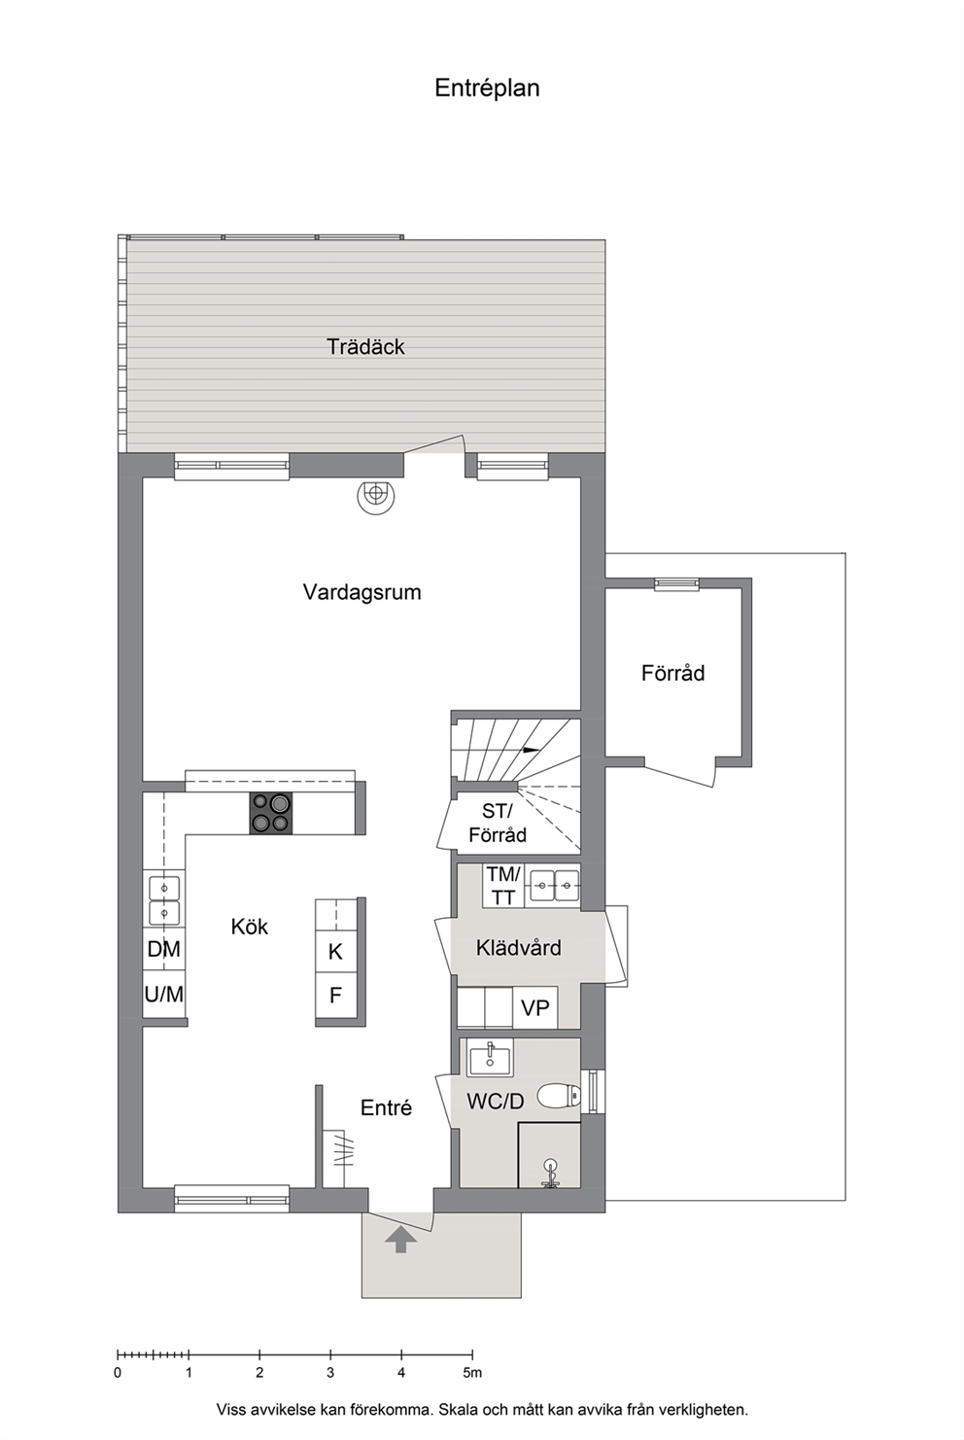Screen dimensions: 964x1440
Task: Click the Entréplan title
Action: tap(487, 88)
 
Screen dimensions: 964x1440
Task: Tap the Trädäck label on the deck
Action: tap(365, 346)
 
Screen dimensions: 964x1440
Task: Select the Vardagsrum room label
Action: tap(361, 591)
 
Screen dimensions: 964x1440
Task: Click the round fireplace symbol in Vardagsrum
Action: tap(375, 497)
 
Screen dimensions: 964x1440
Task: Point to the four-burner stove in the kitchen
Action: tap(270, 813)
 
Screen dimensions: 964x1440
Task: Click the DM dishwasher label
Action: tap(163, 949)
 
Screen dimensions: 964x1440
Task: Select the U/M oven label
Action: tap(164, 995)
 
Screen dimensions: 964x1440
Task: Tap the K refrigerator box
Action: tap(335, 951)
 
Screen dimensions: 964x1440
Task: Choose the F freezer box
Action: tap(335, 995)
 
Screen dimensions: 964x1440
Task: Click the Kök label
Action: tap(250, 927)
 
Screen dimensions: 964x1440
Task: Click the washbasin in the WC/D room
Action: tap(490, 1058)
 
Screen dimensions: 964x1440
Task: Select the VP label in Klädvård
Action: tap(535, 1008)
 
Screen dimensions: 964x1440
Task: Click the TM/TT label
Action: tap(503, 886)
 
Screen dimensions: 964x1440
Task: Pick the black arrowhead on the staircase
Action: tap(532, 750)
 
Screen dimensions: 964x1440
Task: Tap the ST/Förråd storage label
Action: tap(499, 824)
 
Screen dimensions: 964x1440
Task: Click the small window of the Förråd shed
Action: tap(676, 583)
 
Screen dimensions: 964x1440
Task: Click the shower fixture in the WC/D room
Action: tap(549, 1173)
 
